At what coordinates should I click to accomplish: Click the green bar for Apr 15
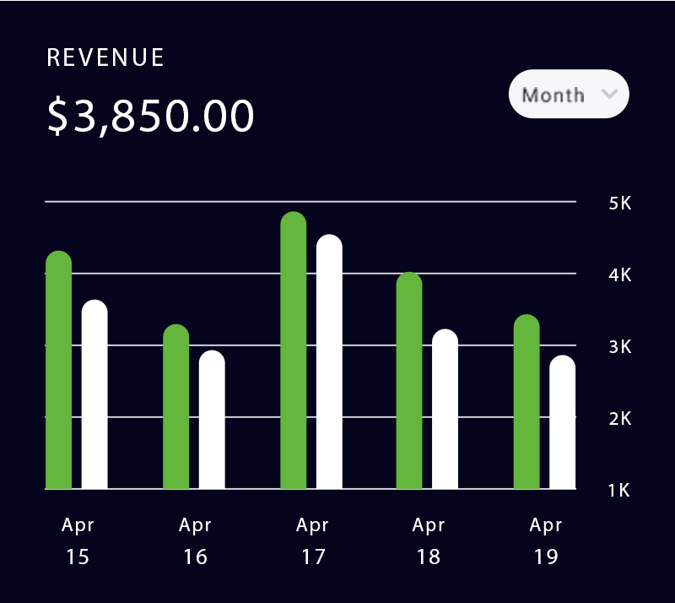pyautogui.click(x=58, y=372)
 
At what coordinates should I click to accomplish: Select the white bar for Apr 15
pyautogui.click(x=94, y=395)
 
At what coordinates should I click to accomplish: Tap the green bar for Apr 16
pyautogui.click(x=175, y=407)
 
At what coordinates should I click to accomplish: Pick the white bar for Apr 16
pyautogui.click(x=212, y=421)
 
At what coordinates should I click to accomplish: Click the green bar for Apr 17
pyautogui.click(x=293, y=351)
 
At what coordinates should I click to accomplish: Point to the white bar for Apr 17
pyautogui.click(x=329, y=363)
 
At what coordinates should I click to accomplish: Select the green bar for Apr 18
pyautogui.click(x=409, y=382)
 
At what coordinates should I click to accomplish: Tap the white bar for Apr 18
pyautogui.click(x=445, y=410)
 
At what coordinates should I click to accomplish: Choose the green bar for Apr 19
pyautogui.click(x=526, y=402)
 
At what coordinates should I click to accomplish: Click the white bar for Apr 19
pyautogui.click(x=563, y=422)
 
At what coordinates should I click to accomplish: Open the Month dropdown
pyautogui.click(x=569, y=94)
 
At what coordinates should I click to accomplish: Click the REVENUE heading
pyautogui.click(x=105, y=57)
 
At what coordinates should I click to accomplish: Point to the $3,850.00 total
pyautogui.click(x=151, y=117)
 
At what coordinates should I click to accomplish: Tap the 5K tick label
pyautogui.click(x=619, y=204)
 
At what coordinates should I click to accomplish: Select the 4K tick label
pyautogui.click(x=619, y=275)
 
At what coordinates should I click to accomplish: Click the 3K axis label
pyautogui.click(x=619, y=347)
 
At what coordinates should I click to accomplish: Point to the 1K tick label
pyautogui.click(x=619, y=490)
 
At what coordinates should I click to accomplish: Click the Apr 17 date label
pyautogui.click(x=312, y=541)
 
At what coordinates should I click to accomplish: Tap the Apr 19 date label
pyautogui.click(x=545, y=541)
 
